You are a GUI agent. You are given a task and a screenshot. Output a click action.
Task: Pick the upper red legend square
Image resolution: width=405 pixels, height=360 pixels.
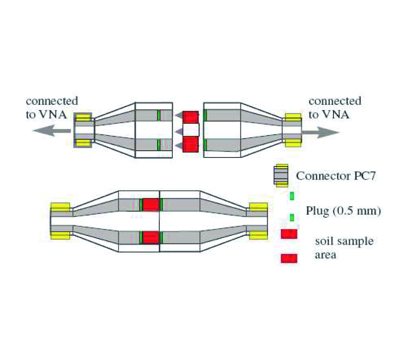288,234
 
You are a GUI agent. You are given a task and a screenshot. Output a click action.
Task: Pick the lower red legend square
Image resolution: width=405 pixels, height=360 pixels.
288,258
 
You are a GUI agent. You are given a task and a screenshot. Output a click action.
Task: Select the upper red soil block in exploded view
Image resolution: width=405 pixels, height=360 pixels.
190,117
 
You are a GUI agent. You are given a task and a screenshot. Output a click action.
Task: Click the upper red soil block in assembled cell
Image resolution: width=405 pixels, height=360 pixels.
151,205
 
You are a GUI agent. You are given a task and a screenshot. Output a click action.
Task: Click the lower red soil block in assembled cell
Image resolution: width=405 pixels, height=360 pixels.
151,237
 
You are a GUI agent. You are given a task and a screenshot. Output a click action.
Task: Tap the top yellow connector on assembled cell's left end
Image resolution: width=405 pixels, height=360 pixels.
60,207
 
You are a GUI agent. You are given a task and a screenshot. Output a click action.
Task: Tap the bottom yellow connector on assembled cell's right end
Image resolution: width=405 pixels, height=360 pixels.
258,234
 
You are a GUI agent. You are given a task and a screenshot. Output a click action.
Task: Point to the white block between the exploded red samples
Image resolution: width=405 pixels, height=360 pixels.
191,130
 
